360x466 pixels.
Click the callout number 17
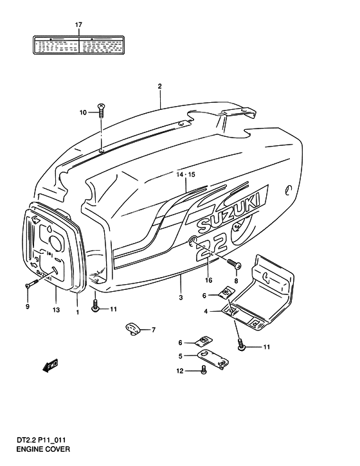pyautogui.click(x=79, y=25)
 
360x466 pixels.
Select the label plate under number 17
pyautogui.click(x=79, y=44)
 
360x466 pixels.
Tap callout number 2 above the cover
pyautogui.click(x=159, y=85)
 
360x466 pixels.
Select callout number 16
pyautogui.click(x=208, y=281)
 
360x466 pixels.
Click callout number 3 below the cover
pyautogui.click(x=181, y=297)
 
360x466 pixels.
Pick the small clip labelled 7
pyautogui.click(x=133, y=330)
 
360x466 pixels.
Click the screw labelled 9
pyautogui.click(x=27, y=285)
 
